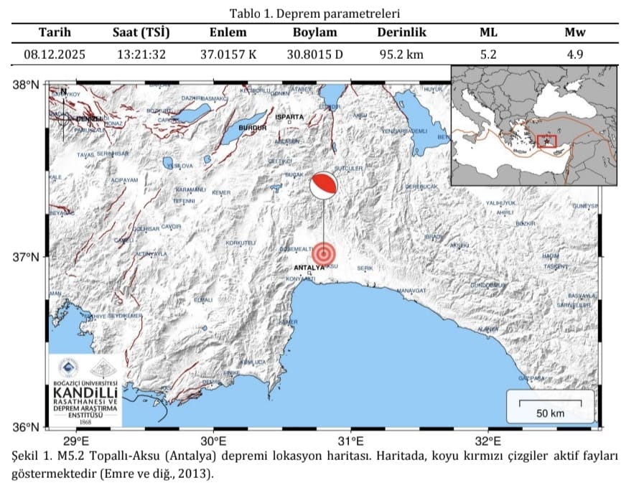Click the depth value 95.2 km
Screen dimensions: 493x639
[x=402, y=54]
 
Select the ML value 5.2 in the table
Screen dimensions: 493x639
[x=488, y=54]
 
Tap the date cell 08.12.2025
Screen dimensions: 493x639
[x=54, y=54]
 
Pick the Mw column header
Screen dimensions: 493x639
[x=575, y=33]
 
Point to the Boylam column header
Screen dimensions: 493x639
[x=314, y=33]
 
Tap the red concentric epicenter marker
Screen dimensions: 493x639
[x=324, y=253]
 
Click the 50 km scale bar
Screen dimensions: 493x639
[x=550, y=401]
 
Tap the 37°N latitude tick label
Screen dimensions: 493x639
[x=27, y=257]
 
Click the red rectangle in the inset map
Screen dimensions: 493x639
[x=547, y=141]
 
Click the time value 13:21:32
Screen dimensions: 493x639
[x=140, y=54]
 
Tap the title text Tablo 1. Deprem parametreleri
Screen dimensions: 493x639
[x=314, y=13]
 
